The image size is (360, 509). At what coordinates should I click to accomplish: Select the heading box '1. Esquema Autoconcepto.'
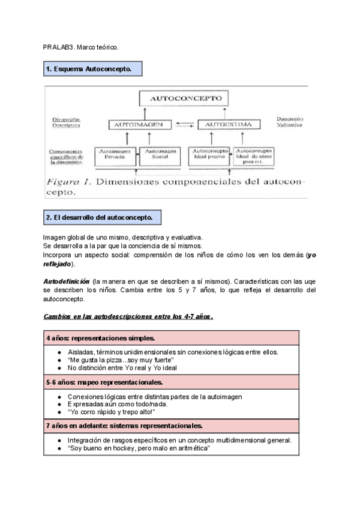pos(92,70)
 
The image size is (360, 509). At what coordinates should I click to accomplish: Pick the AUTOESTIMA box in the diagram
pos(220,125)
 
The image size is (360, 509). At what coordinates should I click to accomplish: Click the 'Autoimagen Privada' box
pos(116,155)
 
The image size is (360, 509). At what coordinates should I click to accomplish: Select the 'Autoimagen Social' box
pos(160,155)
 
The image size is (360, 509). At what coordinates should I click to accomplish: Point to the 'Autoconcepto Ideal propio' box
pos(210,155)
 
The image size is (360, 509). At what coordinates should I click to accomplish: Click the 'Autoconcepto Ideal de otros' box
pos(254,155)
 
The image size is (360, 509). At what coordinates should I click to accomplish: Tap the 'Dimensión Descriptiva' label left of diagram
pos(65,123)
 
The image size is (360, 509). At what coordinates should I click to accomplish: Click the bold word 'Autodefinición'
pos(67,281)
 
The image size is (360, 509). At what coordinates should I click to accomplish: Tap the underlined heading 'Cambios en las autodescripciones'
pos(128,316)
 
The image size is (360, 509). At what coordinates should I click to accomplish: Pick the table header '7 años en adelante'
pos(124,426)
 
